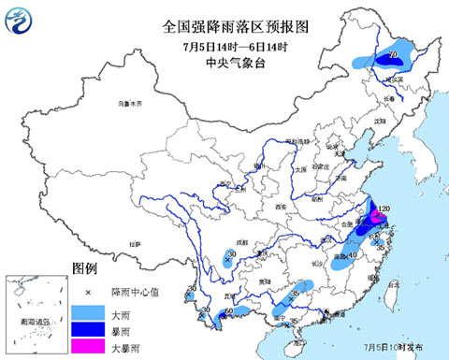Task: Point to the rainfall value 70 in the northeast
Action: pyautogui.click(x=393, y=56)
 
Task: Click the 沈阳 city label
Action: pyautogui.click(x=379, y=122)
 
